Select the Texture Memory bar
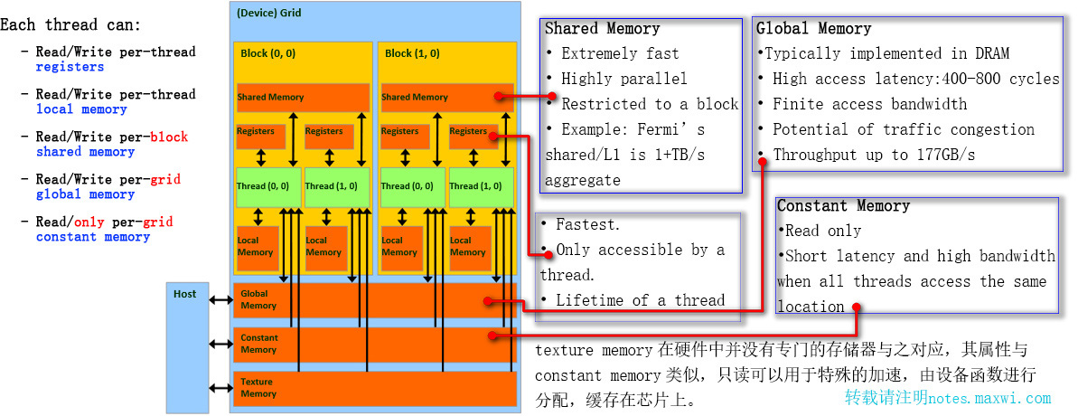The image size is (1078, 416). point(375,389)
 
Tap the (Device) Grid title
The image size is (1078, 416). point(270,14)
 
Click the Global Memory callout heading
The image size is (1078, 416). point(813,29)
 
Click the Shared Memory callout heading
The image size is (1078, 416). point(603,29)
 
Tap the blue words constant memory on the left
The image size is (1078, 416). point(93,237)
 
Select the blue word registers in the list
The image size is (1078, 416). point(70,67)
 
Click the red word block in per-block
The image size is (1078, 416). point(170,137)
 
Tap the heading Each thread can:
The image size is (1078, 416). point(70,24)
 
